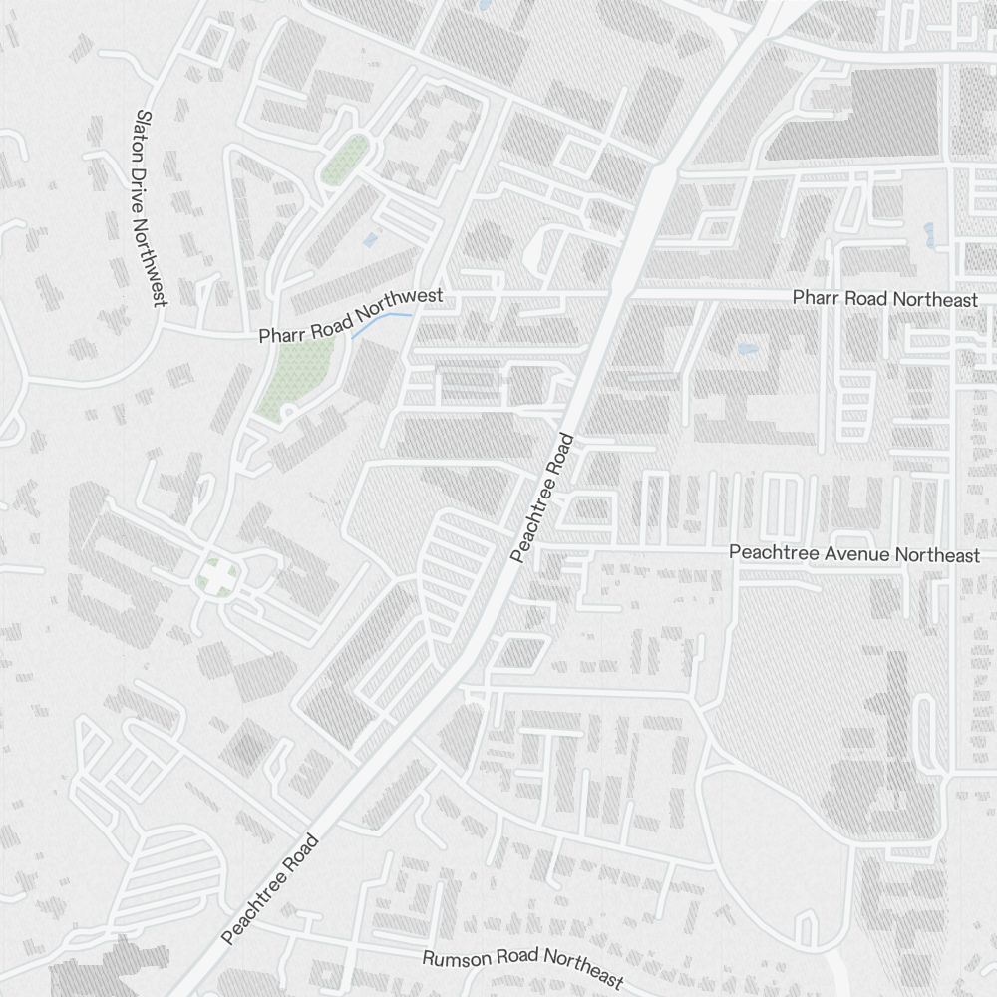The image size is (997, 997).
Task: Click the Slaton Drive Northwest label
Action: (153, 207)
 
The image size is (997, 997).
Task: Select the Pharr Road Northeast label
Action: (884, 298)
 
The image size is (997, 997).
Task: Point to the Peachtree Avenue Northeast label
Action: (854, 554)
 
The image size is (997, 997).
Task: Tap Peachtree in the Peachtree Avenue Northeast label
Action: (768, 553)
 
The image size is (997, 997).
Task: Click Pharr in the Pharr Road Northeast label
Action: (814, 298)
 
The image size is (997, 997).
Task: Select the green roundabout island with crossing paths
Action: (216, 575)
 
